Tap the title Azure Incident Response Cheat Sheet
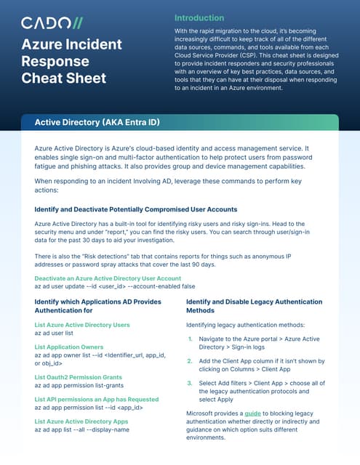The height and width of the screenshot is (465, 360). tap(71, 61)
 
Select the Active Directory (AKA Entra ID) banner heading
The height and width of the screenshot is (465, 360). tap(97, 122)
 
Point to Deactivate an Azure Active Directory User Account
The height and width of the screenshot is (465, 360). tap(108, 278)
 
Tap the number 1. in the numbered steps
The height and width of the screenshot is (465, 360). tap(190, 339)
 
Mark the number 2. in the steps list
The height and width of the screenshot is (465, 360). tap(190, 360)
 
